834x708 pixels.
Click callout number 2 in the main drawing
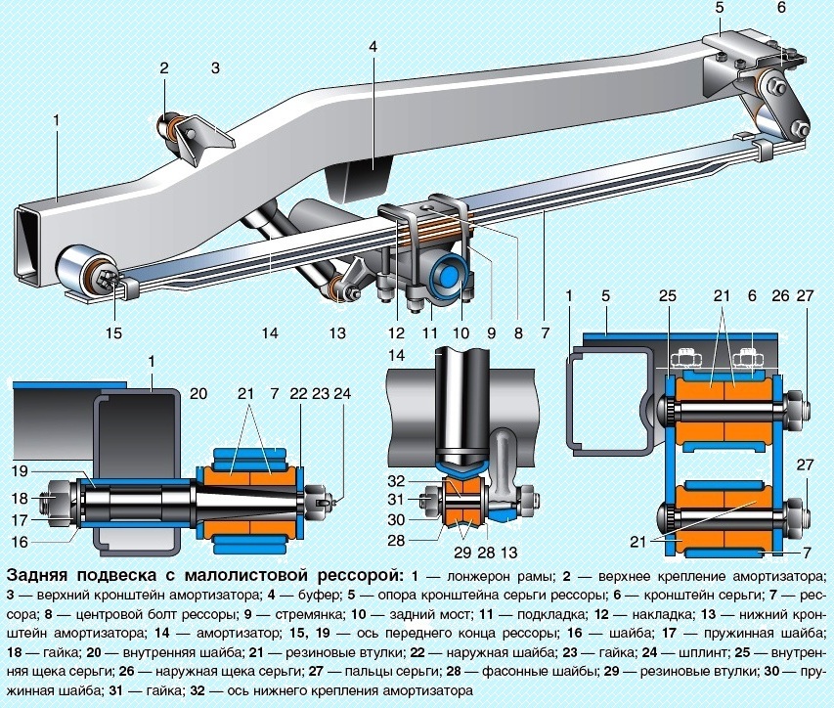tap(164, 68)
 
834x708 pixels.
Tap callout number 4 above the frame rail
tap(373, 46)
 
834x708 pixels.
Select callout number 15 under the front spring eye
tap(114, 332)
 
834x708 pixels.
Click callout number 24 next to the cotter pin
tap(339, 395)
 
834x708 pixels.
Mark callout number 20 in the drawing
tap(199, 395)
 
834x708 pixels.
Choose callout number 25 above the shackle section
tap(668, 295)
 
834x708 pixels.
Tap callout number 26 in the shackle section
tap(778, 295)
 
